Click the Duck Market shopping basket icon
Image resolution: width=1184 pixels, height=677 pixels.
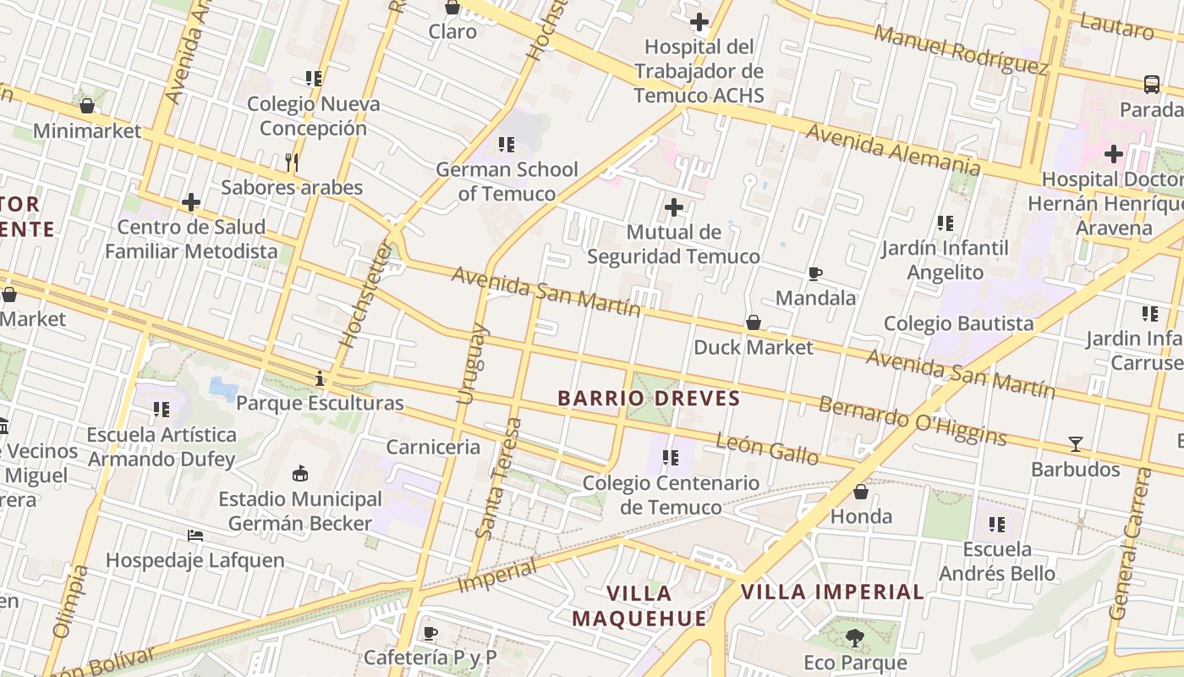pyautogui.click(x=753, y=322)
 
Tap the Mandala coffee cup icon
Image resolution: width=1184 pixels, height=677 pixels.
pyautogui.click(x=815, y=273)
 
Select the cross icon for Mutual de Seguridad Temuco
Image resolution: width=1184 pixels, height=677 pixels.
pyautogui.click(x=674, y=206)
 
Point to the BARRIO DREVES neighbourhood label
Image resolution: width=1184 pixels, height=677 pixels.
pyautogui.click(x=649, y=398)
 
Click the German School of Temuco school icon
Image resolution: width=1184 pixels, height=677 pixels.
pyautogui.click(x=507, y=145)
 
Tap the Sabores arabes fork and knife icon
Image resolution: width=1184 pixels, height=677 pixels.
pyautogui.click(x=292, y=162)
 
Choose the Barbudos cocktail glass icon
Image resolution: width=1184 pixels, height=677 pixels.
pyautogui.click(x=1075, y=443)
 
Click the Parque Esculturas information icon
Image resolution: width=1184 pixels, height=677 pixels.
pyautogui.click(x=320, y=378)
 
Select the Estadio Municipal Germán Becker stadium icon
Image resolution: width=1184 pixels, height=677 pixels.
pyautogui.click(x=300, y=474)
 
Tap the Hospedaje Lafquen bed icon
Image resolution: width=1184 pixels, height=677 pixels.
pyautogui.click(x=195, y=536)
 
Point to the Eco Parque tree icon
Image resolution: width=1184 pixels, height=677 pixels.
pyautogui.click(x=855, y=637)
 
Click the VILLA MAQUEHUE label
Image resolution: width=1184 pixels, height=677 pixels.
pyautogui.click(x=639, y=606)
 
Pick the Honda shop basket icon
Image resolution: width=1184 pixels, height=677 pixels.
pyautogui.click(x=861, y=492)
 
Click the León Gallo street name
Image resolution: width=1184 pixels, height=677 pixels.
pyautogui.click(x=767, y=449)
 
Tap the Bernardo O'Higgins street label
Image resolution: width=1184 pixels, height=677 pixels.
pyautogui.click(x=913, y=421)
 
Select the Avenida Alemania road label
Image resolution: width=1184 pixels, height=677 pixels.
pyautogui.click(x=892, y=150)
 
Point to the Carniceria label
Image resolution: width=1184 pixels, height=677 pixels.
pyautogui.click(x=433, y=447)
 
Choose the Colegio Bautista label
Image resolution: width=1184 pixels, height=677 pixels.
pyautogui.click(x=958, y=323)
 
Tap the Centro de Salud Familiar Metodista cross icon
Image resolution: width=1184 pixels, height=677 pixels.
pyautogui.click(x=191, y=202)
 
